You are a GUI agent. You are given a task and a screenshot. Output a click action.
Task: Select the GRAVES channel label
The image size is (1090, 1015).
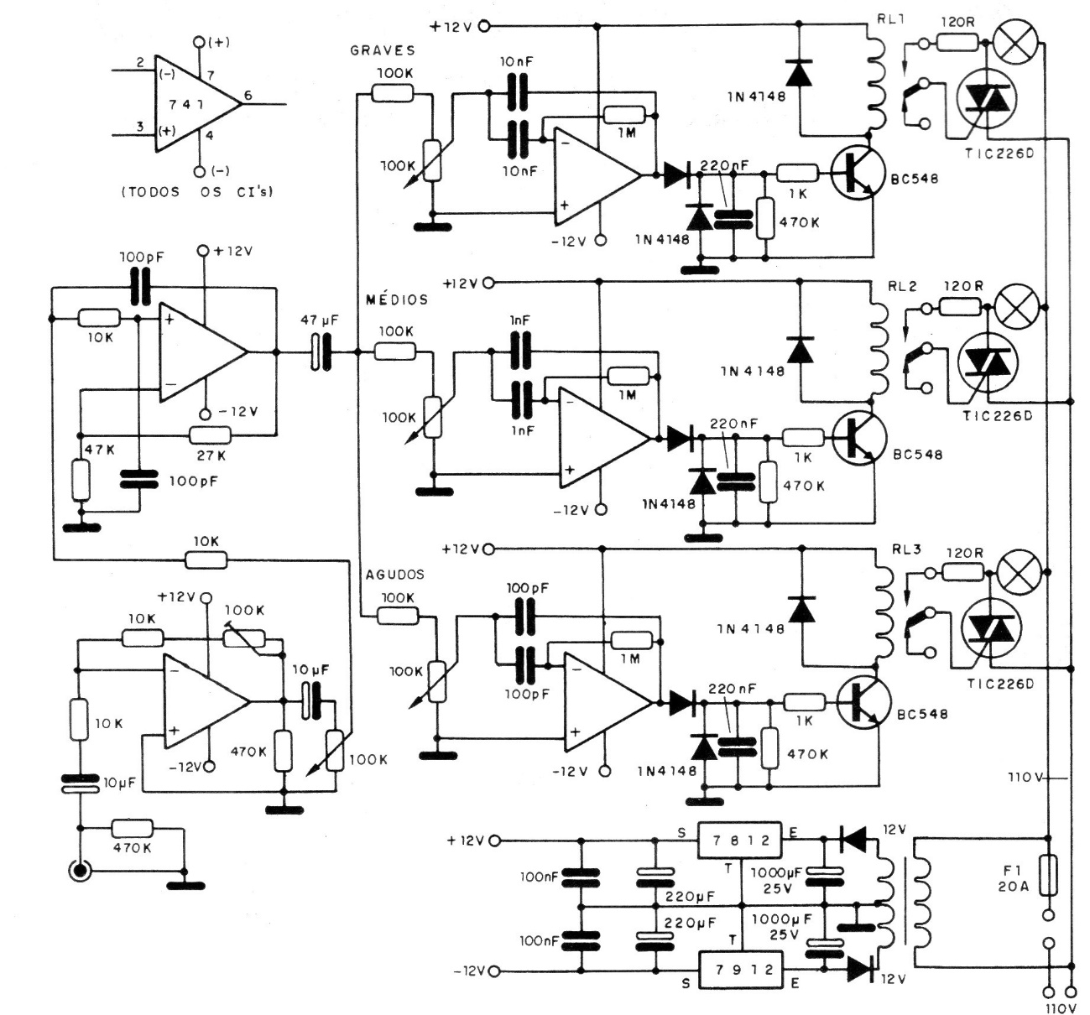coord(383,50)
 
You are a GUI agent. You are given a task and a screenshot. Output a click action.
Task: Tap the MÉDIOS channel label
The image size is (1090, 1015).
coord(398,299)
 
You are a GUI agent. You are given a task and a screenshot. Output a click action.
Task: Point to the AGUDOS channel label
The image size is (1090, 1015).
coord(394,575)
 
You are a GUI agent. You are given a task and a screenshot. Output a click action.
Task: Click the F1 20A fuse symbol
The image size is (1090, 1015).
coord(1048,876)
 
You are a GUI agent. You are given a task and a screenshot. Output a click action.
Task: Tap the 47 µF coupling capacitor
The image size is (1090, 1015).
coord(321,352)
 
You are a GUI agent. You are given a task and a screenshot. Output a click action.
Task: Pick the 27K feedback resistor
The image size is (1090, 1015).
coord(210,435)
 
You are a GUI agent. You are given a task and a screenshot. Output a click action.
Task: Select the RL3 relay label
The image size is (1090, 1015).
coord(906,549)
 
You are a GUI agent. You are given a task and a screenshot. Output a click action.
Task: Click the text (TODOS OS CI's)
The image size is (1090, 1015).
coord(198,191)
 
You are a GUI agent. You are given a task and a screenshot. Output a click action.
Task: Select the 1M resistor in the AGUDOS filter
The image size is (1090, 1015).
coord(632,640)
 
